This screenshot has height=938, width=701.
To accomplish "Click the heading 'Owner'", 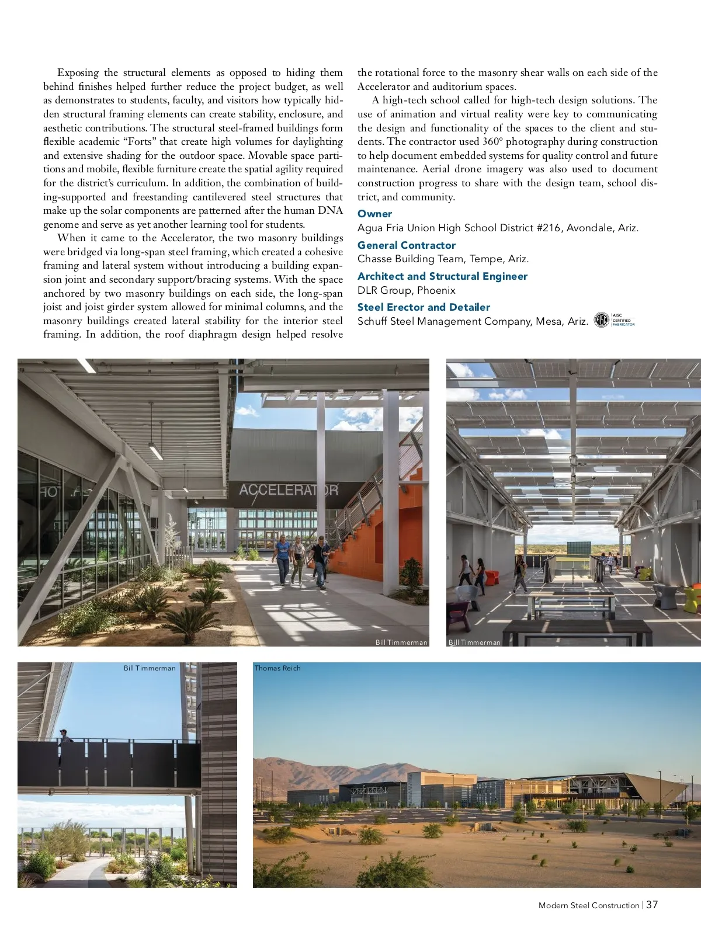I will (x=374, y=214).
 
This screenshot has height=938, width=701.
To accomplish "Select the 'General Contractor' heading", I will (x=406, y=245).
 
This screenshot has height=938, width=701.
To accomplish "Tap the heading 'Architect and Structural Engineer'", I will (x=442, y=276).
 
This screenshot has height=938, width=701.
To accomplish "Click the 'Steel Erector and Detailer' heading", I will (x=424, y=307).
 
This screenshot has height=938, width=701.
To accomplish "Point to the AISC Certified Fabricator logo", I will (x=614, y=320).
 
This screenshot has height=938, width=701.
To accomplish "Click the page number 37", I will (x=652, y=905).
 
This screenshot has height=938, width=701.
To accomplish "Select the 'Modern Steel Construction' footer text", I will (x=588, y=905).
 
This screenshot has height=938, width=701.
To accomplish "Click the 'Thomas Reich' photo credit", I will (x=277, y=668).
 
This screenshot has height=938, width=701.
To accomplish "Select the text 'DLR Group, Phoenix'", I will (x=406, y=290).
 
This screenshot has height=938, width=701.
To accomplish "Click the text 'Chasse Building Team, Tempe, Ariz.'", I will (x=443, y=259).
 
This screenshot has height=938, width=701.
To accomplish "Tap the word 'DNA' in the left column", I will (x=331, y=211).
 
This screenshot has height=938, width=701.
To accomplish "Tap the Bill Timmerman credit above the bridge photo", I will (x=150, y=668).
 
